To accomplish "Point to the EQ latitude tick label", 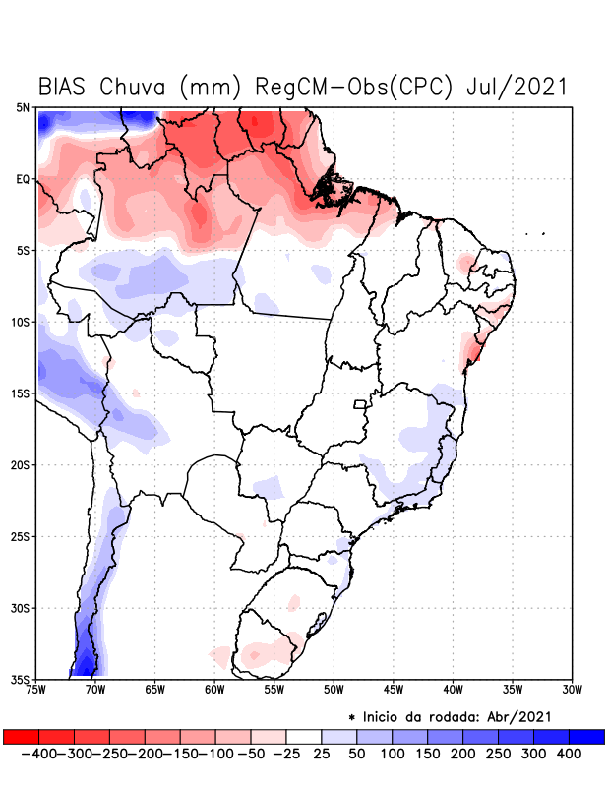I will (x=23, y=179).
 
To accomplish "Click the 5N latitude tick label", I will (x=23, y=107).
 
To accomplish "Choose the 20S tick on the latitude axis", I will (x=21, y=464).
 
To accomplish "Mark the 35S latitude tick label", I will (x=21, y=679).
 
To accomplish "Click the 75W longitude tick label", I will (x=37, y=690).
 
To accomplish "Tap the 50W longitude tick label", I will (x=333, y=690).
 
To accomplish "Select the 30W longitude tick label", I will (x=573, y=690).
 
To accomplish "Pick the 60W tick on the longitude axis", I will (x=213, y=690).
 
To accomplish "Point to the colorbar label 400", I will (x=569, y=754).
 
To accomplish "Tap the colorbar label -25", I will (x=285, y=754).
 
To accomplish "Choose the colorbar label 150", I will (x=427, y=754).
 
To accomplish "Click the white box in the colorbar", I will (x=304, y=737).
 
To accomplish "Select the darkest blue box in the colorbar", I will (x=586, y=737).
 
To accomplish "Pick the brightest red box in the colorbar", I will (x=21, y=737).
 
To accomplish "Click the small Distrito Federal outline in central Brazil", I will (x=360, y=403).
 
